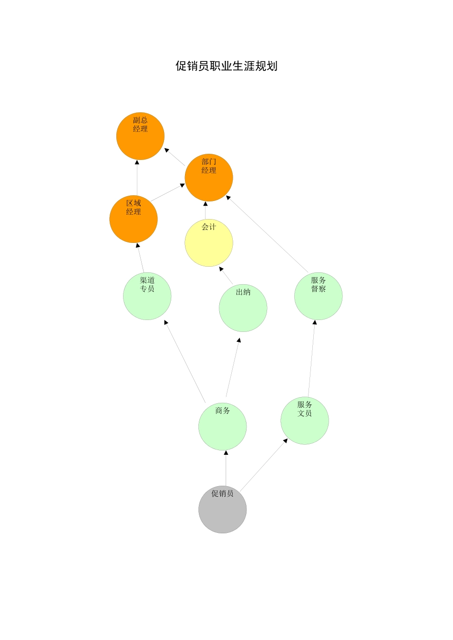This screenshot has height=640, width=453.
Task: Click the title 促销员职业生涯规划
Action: [x=226, y=66]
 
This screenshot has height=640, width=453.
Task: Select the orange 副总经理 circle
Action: [x=140, y=136]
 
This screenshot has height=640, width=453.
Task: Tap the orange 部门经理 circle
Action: [x=208, y=178]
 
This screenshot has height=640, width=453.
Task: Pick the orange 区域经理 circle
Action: [x=134, y=219]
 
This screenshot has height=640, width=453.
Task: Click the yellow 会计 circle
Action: [x=208, y=242]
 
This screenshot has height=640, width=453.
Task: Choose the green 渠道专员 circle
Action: [x=147, y=296]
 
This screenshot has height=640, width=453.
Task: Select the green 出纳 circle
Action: [x=243, y=308]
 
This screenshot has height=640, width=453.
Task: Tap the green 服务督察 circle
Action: [x=318, y=296]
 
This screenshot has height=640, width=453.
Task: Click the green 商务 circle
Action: [x=222, y=426]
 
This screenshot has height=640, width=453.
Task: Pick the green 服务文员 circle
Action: [x=305, y=420]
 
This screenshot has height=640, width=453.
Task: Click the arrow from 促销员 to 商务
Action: [x=226, y=468]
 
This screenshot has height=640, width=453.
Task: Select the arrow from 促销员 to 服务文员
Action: [x=264, y=465]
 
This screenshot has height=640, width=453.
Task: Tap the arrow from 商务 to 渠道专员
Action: [x=185, y=361]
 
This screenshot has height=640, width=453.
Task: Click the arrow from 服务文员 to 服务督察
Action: [x=312, y=358]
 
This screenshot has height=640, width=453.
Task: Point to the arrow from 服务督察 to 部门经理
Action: [x=267, y=234]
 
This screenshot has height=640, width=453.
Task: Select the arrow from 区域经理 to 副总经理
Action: [x=137, y=178]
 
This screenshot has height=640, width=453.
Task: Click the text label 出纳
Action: [x=243, y=292]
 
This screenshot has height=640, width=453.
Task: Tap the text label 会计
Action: [x=208, y=227]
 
